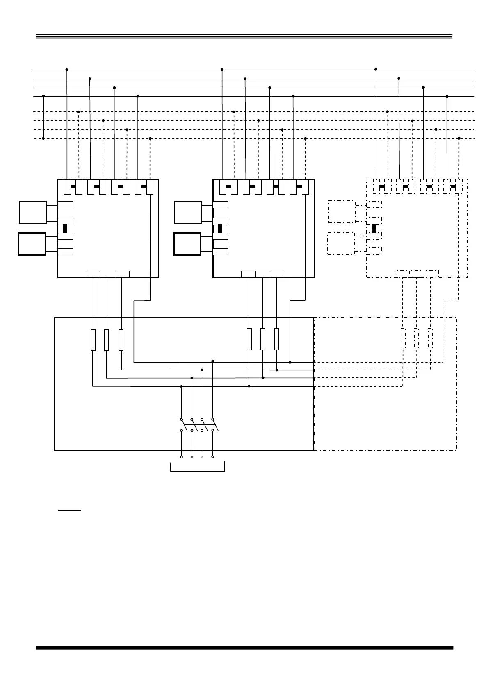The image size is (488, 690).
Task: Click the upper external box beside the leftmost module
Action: [32, 212]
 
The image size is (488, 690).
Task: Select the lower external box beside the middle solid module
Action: [187, 244]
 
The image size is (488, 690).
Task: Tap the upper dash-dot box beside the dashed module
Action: [341, 212]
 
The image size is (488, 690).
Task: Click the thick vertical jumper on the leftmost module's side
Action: [65, 229]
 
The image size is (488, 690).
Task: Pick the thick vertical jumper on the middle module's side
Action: [220, 229]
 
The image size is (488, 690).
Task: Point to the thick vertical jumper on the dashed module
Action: [374, 229]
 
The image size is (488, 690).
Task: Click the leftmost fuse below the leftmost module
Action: [93, 340]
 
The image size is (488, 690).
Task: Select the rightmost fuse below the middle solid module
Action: [276, 339]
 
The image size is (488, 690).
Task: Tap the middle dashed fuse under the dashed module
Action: [416, 340]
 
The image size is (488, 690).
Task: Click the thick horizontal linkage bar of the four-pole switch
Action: [199, 424]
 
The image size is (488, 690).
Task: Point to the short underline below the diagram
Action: [70, 511]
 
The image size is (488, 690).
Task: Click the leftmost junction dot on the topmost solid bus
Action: [67, 70]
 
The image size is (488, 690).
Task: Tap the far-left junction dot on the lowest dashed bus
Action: [43, 138]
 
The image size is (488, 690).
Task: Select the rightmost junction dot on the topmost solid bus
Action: [376, 70]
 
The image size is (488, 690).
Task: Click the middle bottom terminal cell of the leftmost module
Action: [107, 274]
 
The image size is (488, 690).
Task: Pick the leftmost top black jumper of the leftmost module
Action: [73, 187]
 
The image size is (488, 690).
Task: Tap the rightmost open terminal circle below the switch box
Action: [212, 456]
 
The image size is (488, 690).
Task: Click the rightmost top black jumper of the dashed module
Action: [453, 187]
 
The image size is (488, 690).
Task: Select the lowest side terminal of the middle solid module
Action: [220, 252]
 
